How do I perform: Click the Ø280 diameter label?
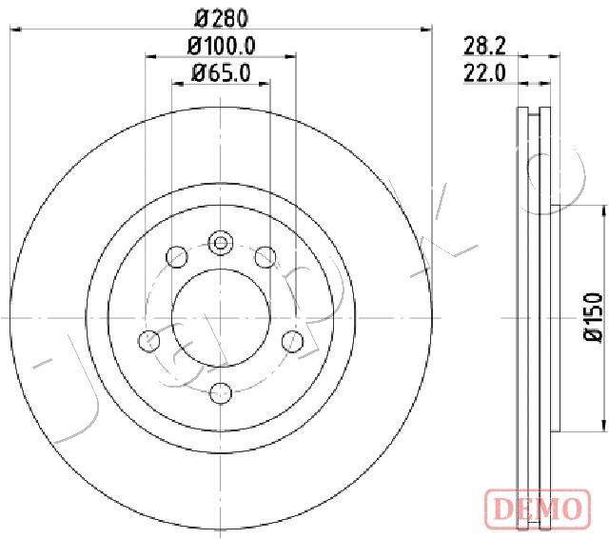[221, 19]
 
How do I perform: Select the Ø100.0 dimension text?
[221, 46]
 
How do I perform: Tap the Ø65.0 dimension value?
[222, 72]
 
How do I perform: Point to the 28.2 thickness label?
[484, 47]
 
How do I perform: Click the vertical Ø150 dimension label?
[594, 317]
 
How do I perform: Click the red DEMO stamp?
[538, 508]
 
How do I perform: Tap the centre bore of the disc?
[221, 318]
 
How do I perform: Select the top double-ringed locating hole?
[221, 243]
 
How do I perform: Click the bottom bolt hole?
[221, 393]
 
